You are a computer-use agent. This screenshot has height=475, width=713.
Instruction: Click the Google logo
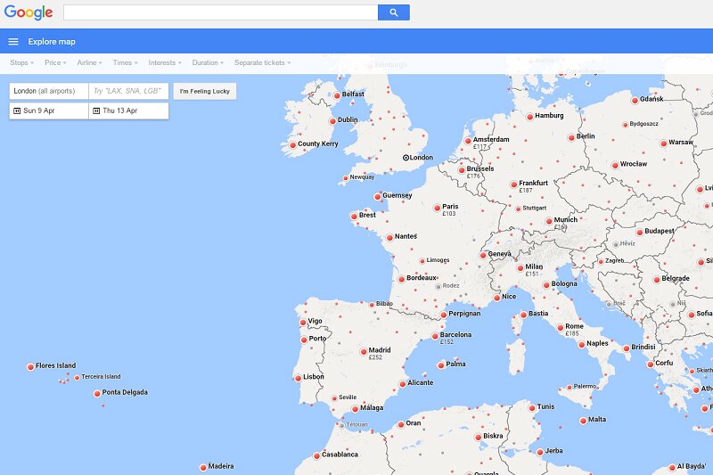29,12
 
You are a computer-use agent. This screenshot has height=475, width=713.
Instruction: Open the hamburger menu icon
13,41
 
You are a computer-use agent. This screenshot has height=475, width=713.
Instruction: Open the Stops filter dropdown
21,63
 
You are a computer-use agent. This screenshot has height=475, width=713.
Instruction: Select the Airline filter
89,63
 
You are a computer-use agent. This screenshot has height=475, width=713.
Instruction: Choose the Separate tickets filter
263,63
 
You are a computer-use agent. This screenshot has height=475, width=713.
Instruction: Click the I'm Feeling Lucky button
204,91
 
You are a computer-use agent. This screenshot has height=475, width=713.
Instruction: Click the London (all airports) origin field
49,91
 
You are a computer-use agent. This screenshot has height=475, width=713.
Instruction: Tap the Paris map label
449,207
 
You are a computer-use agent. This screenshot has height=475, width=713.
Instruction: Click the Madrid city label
380,350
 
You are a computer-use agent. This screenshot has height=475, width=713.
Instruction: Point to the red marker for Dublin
334,120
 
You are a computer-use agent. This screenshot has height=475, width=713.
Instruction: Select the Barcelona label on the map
455,335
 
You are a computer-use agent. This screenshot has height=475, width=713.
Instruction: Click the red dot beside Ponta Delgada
97,393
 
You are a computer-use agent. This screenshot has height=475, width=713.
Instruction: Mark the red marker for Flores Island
29,366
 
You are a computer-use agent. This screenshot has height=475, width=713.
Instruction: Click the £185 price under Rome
571,334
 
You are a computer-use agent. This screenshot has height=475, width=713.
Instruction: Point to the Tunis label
545,407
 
